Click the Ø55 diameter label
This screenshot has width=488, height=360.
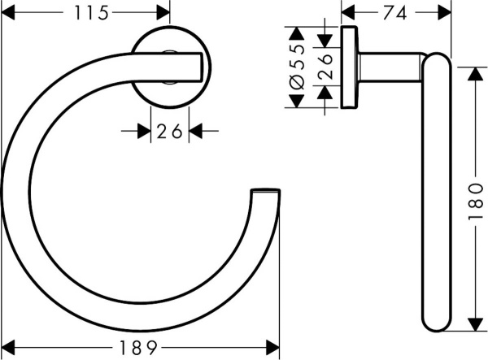coord(296,67)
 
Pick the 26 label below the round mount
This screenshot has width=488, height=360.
coord(169,130)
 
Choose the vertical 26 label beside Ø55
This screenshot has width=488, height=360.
coord(325,67)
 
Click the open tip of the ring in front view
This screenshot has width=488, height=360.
coord(266,193)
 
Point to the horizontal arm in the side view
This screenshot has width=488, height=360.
coord(390,66)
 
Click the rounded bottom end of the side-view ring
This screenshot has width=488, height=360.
coord(435,321)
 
